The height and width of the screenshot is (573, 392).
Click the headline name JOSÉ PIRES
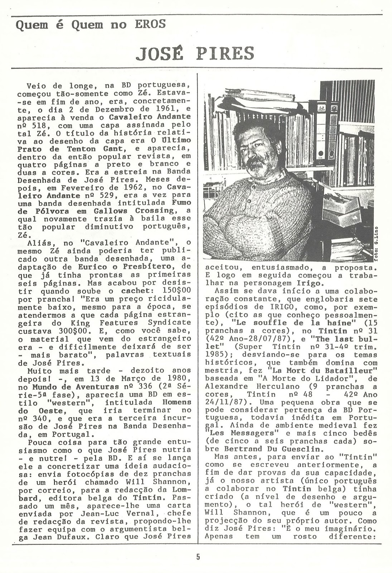(x=196, y=53)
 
